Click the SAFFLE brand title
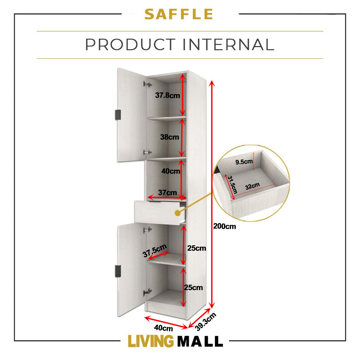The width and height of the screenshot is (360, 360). pos(179,14)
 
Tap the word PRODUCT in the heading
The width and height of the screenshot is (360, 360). pos(130,44)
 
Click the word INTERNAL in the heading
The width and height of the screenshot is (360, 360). pos(229,44)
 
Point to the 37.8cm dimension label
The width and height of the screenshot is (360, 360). pos(167,95)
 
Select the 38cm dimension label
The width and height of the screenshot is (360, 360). pos(169,137)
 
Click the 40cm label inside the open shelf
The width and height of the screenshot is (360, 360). pos(171,171)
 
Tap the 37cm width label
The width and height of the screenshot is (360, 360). pos(167,192)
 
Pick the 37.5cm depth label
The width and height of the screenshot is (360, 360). pos(155,251)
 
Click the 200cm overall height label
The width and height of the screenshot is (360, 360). pos(224,226)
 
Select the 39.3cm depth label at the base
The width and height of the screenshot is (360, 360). pos(205,322)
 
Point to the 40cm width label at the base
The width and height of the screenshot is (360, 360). pos(163,328)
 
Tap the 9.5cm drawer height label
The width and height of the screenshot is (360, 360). pos(244,162)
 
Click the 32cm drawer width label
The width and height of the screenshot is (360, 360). pos(252,186)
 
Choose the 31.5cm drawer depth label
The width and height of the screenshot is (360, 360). pos(232,185)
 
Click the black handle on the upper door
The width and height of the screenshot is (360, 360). pos(118,115)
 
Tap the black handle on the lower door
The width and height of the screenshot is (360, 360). pos(118,271)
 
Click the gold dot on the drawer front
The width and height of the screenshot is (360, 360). pos(178,213)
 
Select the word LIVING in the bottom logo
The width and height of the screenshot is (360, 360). pos(150,341)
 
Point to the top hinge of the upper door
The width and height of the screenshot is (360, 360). pos(148,84)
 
